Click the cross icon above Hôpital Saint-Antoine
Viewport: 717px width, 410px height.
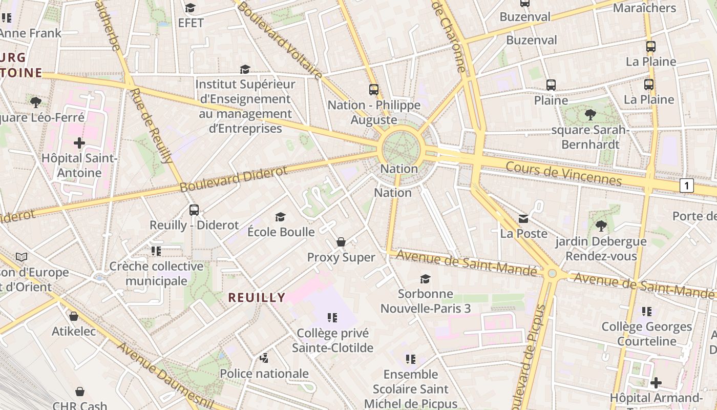click(x=79, y=142)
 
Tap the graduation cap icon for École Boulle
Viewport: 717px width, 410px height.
click(x=280, y=217)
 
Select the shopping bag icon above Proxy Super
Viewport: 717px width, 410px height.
click(x=341, y=242)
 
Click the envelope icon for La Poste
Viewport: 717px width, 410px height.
click(x=523, y=219)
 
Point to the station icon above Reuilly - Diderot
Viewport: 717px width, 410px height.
click(x=194, y=210)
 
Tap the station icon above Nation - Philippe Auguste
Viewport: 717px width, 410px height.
click(x=374, y=90)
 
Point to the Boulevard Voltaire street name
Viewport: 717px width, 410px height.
click(x=279, y=40)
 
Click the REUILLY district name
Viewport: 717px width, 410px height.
click(x=257, y=297)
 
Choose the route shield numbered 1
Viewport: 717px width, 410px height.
click(x=686, y=186)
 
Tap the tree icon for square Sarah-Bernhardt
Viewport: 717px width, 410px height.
click(x=590, y=115)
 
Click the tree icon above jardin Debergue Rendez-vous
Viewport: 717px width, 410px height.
click(x=601, y=225)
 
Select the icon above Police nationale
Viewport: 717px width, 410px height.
click(x=264, y=358)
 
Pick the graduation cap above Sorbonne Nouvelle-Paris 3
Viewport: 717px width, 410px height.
click(x=425, y=279)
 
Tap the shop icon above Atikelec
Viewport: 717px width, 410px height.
click(x=74, y=316)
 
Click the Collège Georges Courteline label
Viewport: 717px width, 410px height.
click(x=646, y=334)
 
